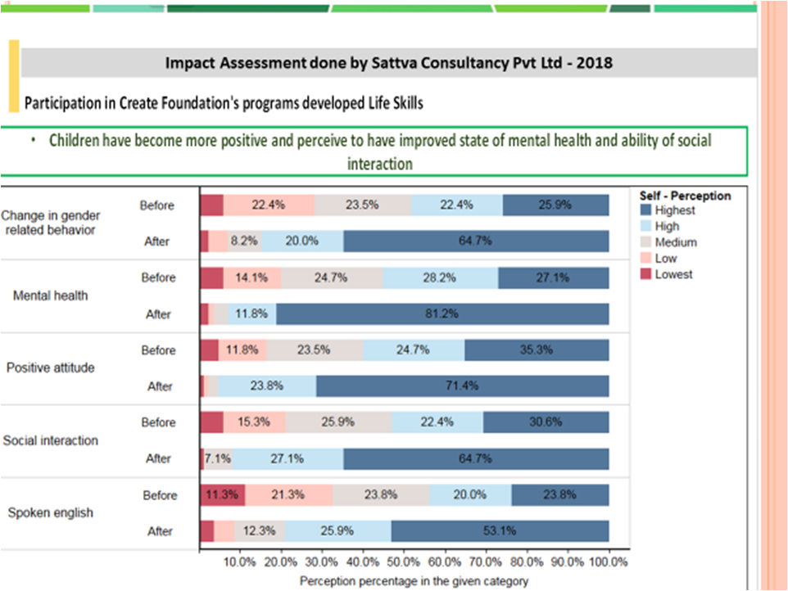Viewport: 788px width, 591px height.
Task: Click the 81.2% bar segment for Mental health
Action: [x=443, y=314]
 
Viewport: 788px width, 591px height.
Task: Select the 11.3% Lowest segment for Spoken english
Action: [x=222, y=495]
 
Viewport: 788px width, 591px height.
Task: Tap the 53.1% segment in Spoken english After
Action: [x=500, y=531]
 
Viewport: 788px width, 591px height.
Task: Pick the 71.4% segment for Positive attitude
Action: [x=463, y=386]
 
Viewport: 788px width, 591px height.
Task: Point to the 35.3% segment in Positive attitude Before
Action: [x=537, y=350]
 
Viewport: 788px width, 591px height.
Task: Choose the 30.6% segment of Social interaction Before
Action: [x=546, y=422]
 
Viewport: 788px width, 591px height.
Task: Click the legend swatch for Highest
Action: [x=646, y=210]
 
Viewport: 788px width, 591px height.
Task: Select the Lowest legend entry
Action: [x=673, y=275]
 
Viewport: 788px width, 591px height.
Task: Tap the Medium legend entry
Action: [x=675, y=242]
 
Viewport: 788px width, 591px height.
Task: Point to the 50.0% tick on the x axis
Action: [x=405, y=563]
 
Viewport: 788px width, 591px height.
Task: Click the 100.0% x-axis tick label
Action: [x=609, y=563]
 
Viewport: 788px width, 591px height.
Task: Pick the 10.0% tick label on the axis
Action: [x=240, y=563]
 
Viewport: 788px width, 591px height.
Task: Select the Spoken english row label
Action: [x=50, y=513]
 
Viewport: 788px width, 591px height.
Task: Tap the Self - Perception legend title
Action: [x=684, y=196]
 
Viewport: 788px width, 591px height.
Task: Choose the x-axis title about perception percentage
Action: [x=405, y=581]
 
